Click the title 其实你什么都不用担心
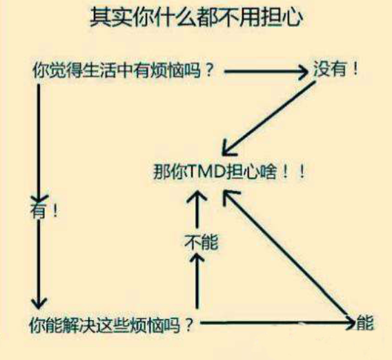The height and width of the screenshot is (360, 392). (x=197, y=17)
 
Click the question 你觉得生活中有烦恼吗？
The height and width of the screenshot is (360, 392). (x=123, y=70)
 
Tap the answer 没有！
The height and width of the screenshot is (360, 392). (x=335, y=69)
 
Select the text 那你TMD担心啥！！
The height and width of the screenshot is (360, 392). (x=229, y=172)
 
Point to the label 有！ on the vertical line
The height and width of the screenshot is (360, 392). (x=44, y=210)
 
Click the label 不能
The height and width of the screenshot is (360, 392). (x=202, y=242)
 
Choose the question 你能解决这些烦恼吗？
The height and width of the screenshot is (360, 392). (x=112, y=325)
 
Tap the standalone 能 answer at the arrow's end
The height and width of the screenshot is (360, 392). (x=365, y=323)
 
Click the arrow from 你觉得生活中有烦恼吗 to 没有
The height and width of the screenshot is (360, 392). (x=266, y=72)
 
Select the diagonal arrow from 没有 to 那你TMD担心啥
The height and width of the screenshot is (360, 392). (x=269, y=119)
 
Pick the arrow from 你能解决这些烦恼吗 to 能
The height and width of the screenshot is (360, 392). (x=277, y=323)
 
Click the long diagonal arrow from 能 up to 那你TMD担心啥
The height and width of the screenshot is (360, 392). (x=287, y=257)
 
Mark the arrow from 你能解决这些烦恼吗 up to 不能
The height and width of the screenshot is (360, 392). (x=197, y=281)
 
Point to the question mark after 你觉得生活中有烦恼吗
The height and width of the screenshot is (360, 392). (x=208, y=70)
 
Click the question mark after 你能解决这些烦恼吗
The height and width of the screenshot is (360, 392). (x=189, y=325)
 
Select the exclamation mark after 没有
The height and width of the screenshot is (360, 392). (x=355, y=69)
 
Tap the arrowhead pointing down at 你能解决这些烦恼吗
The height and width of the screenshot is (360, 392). (x=39, y=303)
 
